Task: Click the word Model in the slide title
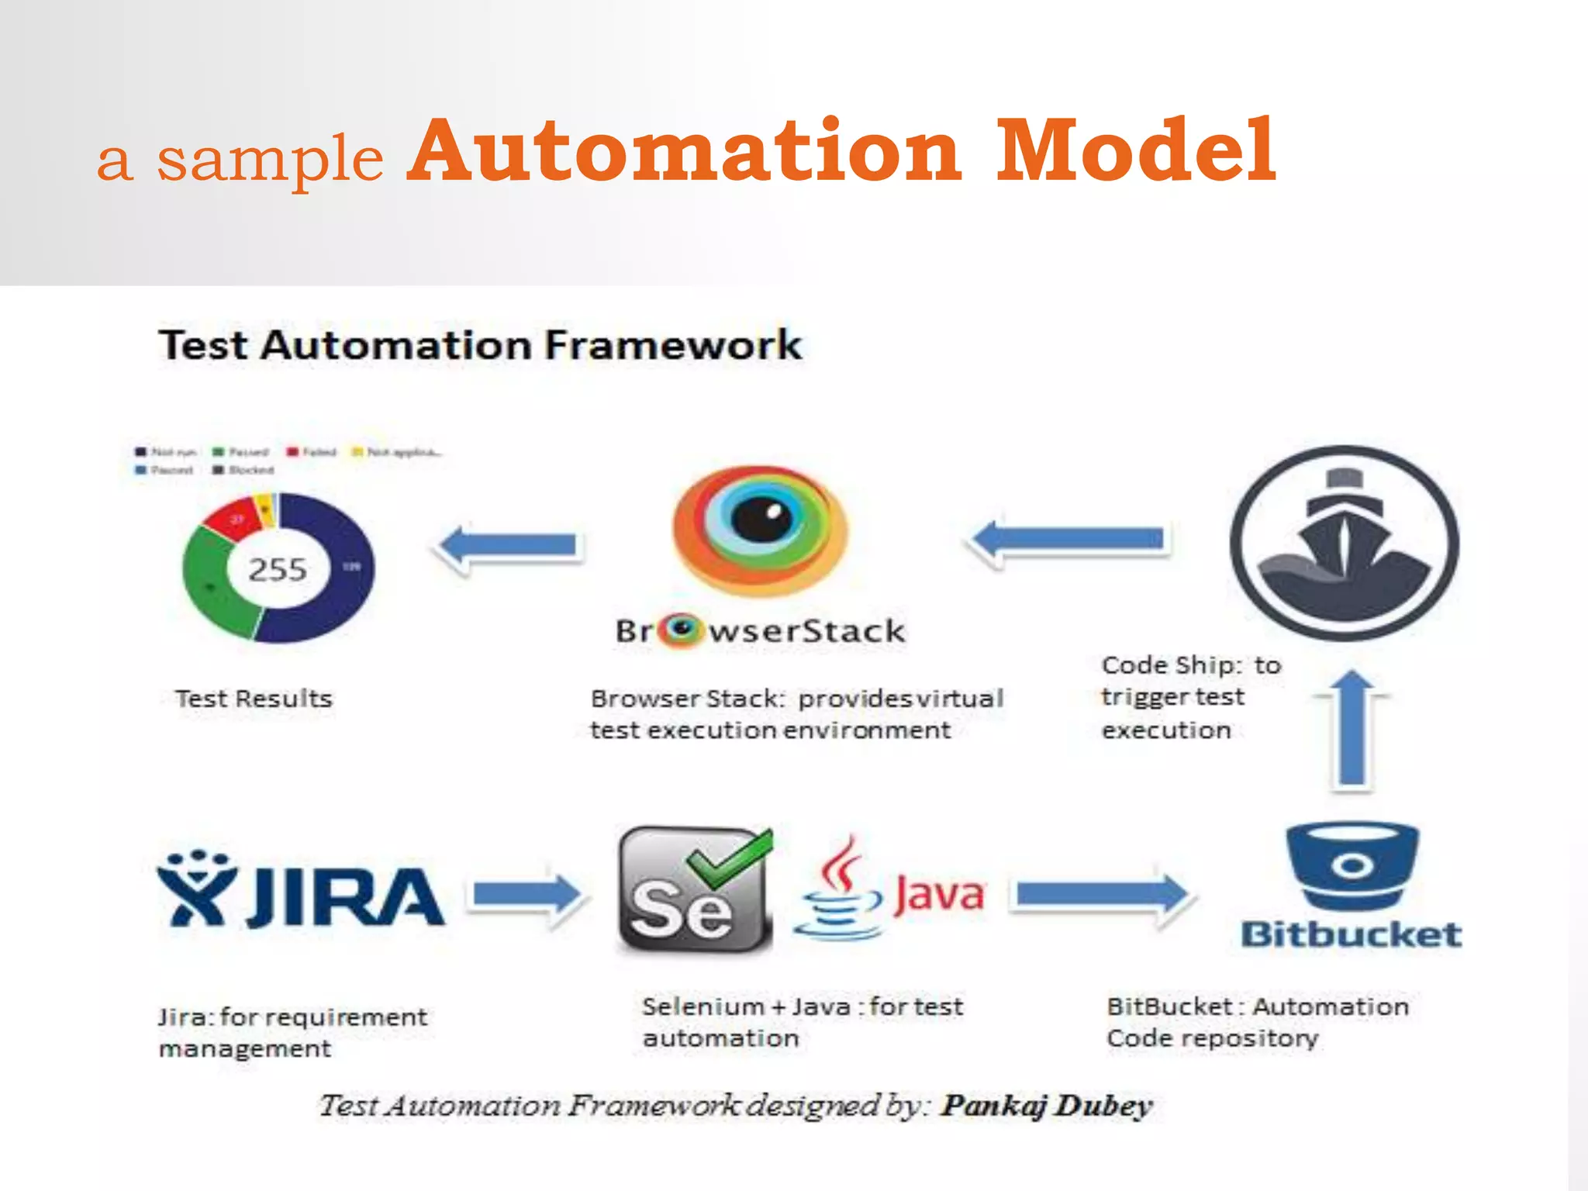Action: pos(1135,150)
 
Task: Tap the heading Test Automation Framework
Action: pos(480,345)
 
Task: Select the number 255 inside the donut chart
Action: pos(278,570)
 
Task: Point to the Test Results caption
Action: pos(254,699)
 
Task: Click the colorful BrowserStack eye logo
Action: pos(760,531)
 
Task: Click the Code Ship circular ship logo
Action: pos(1345,543)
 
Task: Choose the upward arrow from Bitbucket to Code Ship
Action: pos(1352,729)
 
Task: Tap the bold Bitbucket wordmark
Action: pos(1351,935)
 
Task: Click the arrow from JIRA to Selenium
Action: pos(527,896)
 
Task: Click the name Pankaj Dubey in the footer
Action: pos(1047,1106)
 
